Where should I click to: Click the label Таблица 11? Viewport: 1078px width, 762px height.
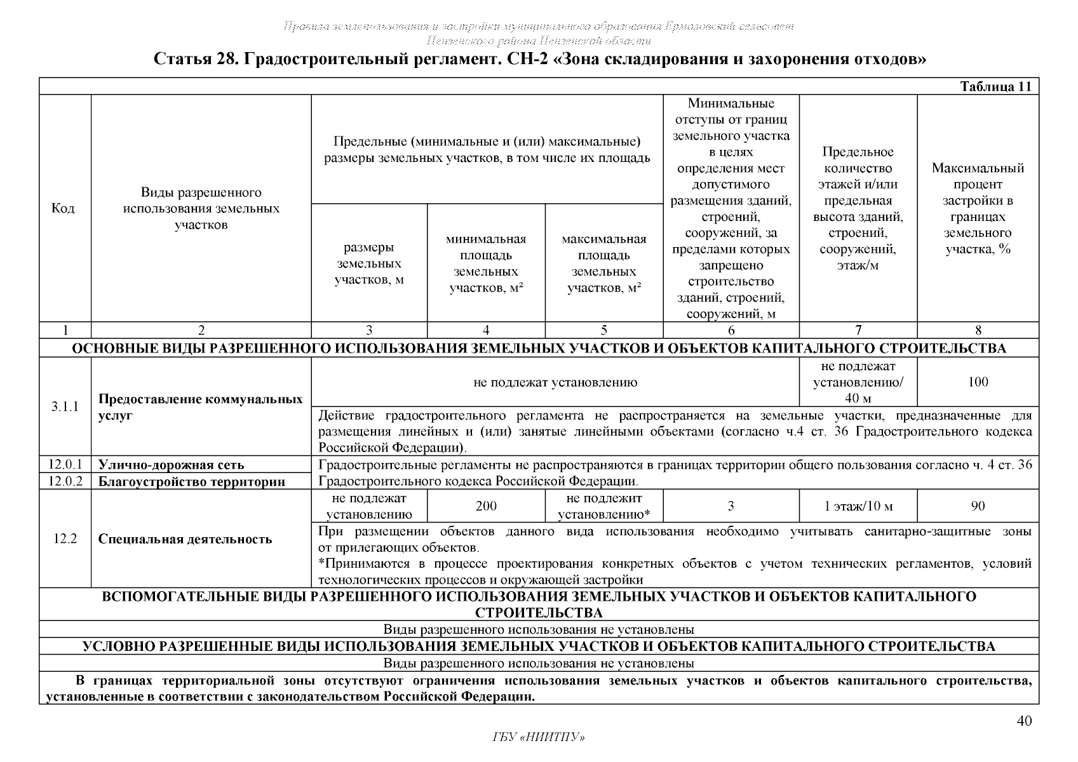coord(995,87)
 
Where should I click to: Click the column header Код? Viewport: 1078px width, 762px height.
coord(62,209)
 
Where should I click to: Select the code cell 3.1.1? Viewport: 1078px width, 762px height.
coord(65,406)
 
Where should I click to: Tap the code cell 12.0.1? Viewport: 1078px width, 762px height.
coord(65,464)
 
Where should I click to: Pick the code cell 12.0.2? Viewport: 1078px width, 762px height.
coord(65,481)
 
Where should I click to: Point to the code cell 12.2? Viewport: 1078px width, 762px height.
coord(65,538)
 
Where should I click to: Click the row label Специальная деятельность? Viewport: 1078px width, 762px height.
coord(185,539)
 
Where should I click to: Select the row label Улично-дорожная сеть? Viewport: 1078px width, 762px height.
coord(171,465)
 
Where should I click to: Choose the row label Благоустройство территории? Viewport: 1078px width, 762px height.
coord(191,481)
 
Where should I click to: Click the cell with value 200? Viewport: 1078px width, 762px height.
coord(486,506)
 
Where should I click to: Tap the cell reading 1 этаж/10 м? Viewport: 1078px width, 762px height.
coord(858,506)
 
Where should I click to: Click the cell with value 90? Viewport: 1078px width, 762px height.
coord(978,506)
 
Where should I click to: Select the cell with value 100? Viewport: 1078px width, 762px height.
coord(978,382)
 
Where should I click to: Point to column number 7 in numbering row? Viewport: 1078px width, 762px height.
coord(858,330)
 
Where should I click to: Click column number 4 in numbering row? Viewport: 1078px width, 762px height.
coord(486,330)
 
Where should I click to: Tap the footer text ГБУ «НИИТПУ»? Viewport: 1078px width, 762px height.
coord(538,737)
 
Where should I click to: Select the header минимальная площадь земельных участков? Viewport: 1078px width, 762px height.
coord(486,264)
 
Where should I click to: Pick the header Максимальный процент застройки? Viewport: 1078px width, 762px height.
coord(978,208)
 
